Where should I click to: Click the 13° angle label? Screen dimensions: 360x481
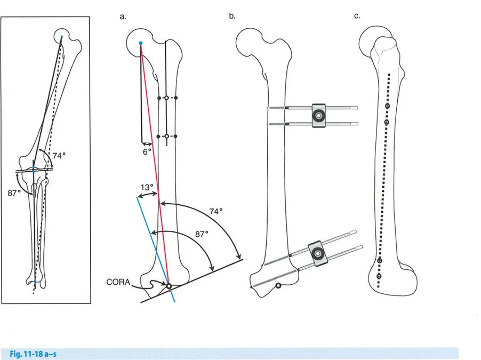pyautogui.click(x=148, y=188)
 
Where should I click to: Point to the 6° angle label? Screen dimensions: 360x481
pyautogui.click(x=147, y=151)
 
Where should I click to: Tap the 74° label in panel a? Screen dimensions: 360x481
pyautogui.click(x=215, y=212)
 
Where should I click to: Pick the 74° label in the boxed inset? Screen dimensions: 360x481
pyautogui.click(x=59, y=156)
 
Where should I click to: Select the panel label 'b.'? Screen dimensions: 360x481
pyautogui.click(x=232, y=17)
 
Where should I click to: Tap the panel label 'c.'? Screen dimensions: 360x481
pyautogui.click(x=357, y=17)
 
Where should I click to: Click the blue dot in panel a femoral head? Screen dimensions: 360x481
pyautogui.click(x=140, y=43)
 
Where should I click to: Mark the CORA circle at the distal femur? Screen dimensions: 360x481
pyautogui.click(x=169, y=286)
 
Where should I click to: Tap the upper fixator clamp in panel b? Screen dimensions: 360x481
pyautogui.click(x=318, y=115)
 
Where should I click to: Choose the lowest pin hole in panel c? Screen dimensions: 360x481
pyautogui.click(x=380, y=278)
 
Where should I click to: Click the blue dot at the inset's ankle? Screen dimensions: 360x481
pyautogui.click(x=35, y=282)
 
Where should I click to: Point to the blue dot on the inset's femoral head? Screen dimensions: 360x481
pyautogui.click(x=61, y=37)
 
